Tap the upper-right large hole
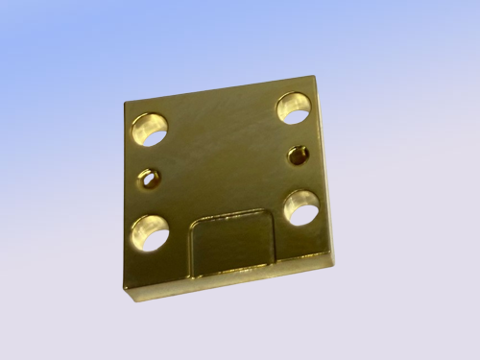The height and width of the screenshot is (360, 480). click(x=294, y=108)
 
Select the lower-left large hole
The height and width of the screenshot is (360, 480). click(x=150, y=232)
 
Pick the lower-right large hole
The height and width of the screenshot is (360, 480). click(x=301, y=207)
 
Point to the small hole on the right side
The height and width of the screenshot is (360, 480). click(x=299, y=154)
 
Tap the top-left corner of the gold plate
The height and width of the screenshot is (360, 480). click(x=126, y=103)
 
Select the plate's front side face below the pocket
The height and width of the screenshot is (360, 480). click(x=230, y=281)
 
